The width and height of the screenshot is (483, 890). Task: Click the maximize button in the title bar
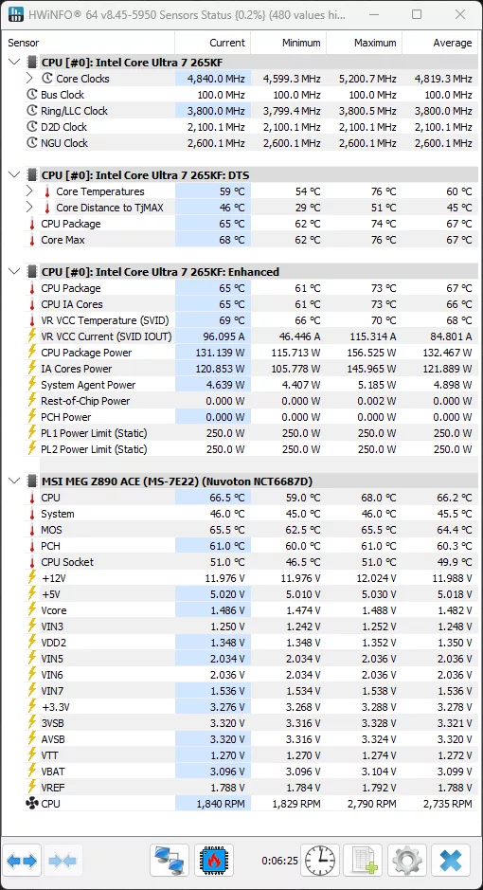pos(417,15)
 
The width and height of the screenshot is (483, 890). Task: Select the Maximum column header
pos(375,43)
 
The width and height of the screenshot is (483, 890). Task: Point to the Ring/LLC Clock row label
pos(74,111)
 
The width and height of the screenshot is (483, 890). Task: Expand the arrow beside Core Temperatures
pos(30,191)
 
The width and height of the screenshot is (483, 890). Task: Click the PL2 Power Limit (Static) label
pos(94,449)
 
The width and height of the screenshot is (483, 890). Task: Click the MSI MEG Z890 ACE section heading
pos(176,481)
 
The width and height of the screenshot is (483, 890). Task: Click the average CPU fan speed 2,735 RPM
pos(443,804)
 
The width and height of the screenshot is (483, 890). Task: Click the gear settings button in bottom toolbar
pos(407,861)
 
